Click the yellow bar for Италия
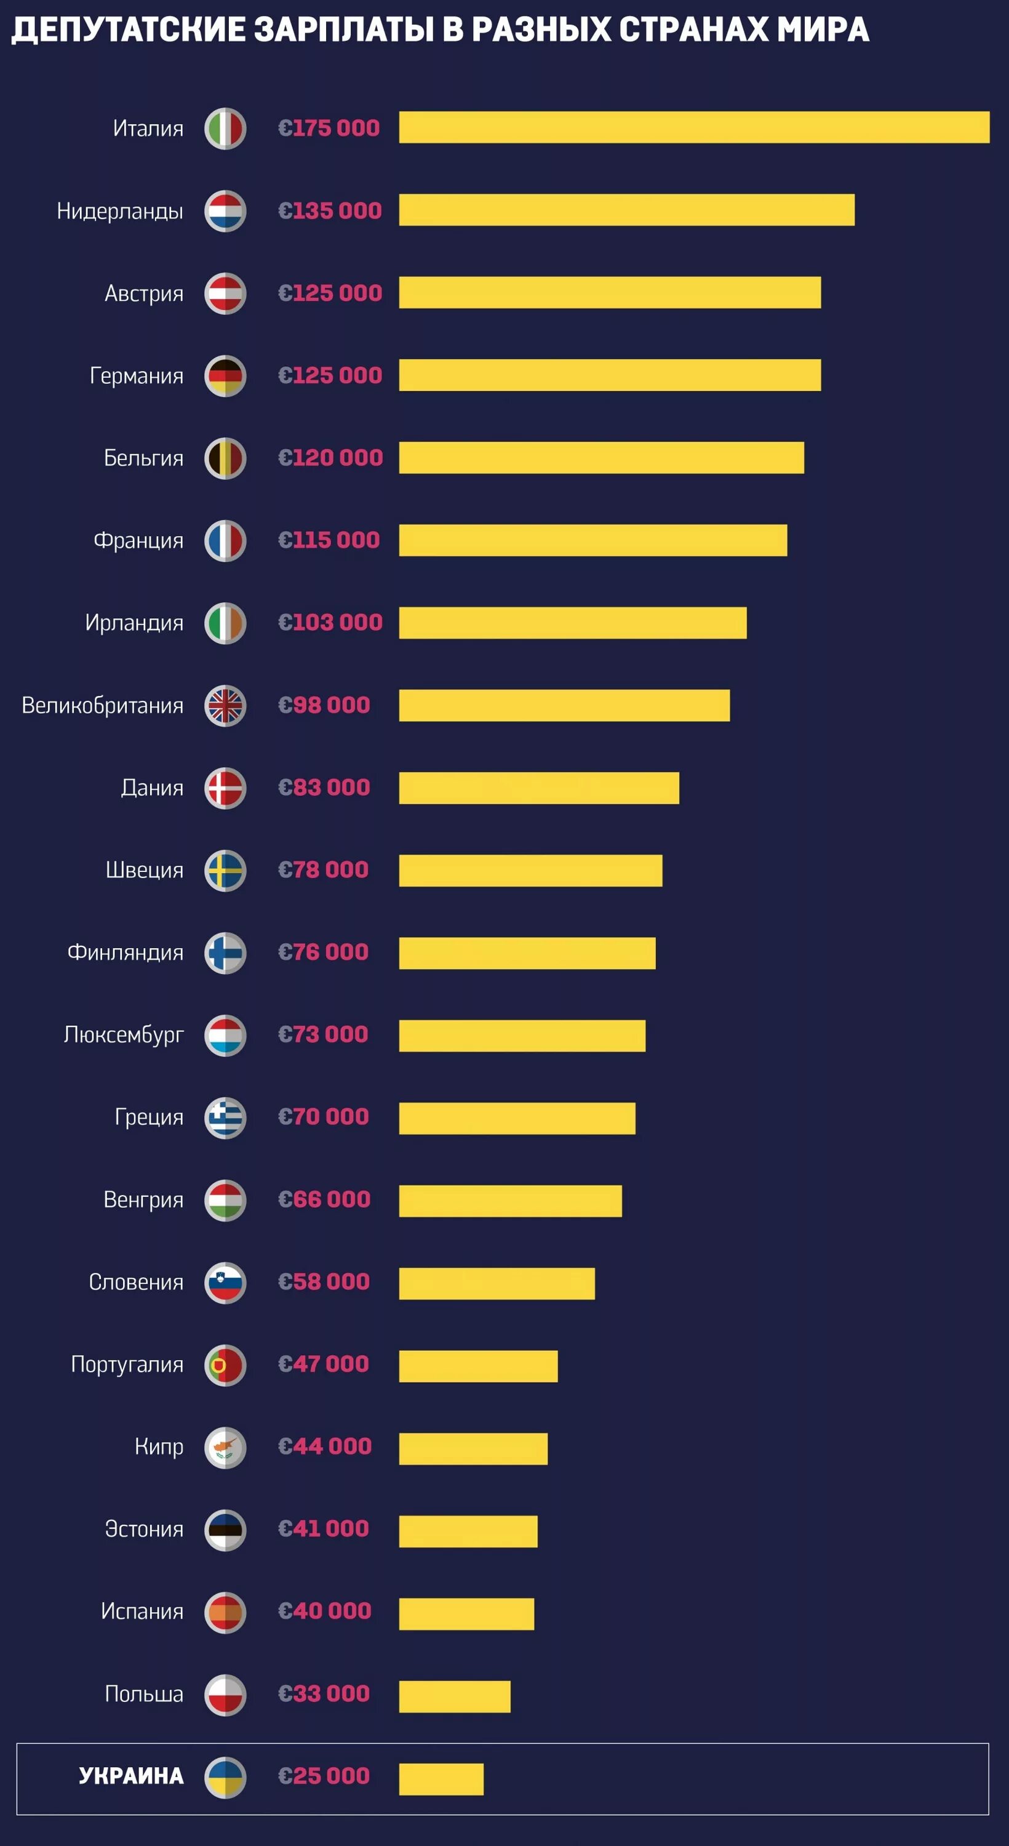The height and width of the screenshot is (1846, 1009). coord(694,127)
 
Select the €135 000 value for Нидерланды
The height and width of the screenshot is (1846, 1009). coord(330,210)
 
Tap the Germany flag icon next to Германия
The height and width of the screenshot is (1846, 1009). coord(225,375)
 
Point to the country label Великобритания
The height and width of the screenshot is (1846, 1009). coord(103,705)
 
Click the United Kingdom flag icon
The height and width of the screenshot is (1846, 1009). coord(225,706)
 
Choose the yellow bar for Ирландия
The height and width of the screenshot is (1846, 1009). coord(573,622)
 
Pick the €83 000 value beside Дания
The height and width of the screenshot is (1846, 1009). coord(324,787)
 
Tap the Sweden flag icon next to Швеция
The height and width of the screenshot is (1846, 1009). coord(225,871)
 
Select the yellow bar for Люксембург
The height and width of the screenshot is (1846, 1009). coord(522,1036)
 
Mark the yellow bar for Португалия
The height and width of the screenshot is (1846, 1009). coord(478,1366)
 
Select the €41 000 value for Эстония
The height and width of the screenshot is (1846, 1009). coord(323,1528)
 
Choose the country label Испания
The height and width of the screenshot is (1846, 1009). coord(142,1611)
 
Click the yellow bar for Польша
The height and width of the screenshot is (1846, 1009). coord(454,1696)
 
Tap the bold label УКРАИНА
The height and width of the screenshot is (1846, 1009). coord(131,1776)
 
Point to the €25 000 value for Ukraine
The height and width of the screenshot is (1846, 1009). coord(324,1776)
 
